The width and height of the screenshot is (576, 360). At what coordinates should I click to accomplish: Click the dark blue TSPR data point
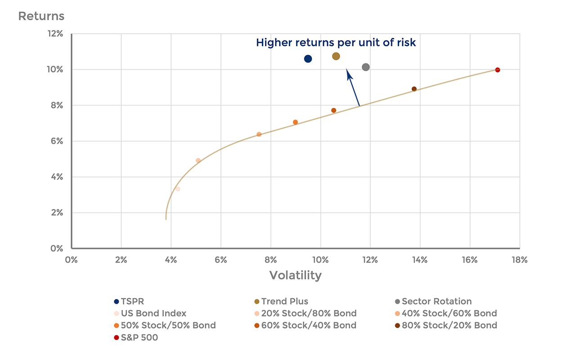coord(308,59)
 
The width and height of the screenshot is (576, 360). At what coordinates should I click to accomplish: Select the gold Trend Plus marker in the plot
coord(336,56)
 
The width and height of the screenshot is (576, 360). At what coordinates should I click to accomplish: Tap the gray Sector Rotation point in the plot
coord(365,67)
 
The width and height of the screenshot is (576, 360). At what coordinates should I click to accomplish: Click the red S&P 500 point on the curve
coord(497,70)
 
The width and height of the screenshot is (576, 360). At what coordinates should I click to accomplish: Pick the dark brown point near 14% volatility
coord(414,89)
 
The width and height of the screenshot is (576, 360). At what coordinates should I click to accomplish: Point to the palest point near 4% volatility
coord(178,189)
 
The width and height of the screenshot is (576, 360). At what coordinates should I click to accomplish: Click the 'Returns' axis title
coord(41,17)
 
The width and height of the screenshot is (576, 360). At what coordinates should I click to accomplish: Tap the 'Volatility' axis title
coord(295,275)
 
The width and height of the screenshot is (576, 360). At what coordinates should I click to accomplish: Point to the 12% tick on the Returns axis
coord(56,34)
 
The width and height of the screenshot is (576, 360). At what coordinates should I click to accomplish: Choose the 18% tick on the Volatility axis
coord(519,260)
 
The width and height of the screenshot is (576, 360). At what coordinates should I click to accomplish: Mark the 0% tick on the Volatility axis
coord(71,260)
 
